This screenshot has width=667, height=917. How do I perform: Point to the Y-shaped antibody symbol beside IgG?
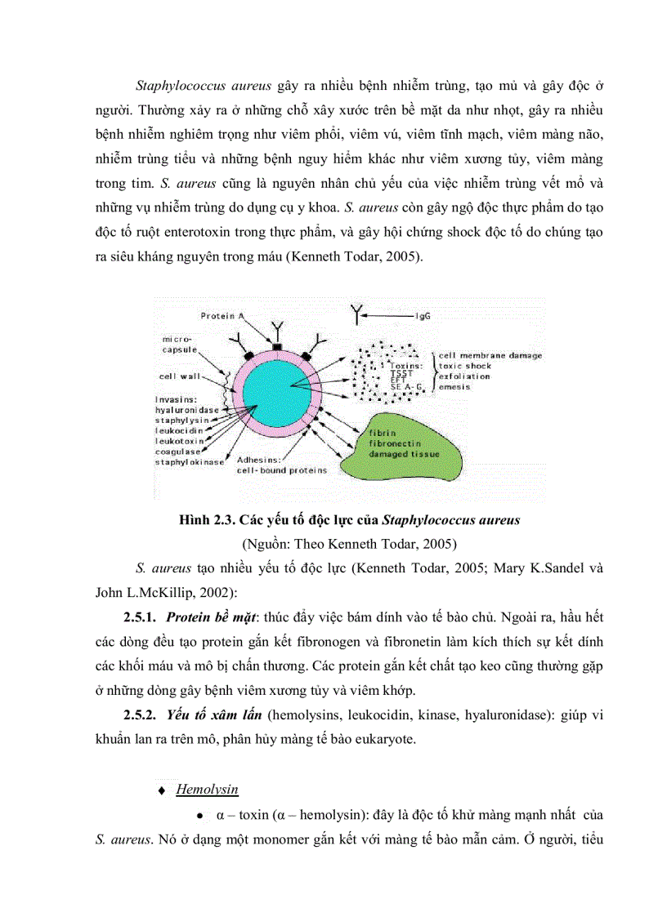[x=357, y=312]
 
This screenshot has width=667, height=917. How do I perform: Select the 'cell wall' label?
[x=177, y=377]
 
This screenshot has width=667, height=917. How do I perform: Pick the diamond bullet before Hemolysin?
[x=162, y=790]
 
